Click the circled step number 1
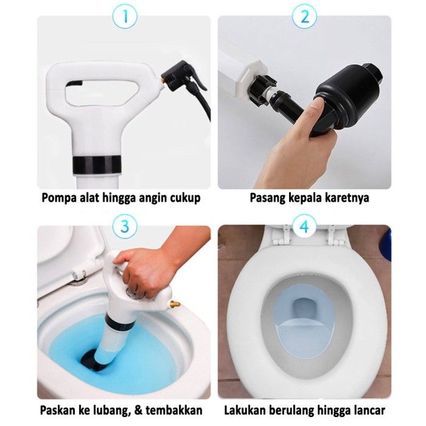(x=125, y=16)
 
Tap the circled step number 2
(x=305, y=16)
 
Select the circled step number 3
(x=125, y=226)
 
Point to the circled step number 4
(x=305, y=226)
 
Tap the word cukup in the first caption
(x=185, y=198)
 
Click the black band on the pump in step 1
(x=97, y=165)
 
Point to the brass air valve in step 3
(x=175, y=304)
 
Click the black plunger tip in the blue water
(x=91, y=360)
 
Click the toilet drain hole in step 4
(x=304, y=309)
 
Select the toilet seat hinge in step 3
(x=79, y=275)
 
